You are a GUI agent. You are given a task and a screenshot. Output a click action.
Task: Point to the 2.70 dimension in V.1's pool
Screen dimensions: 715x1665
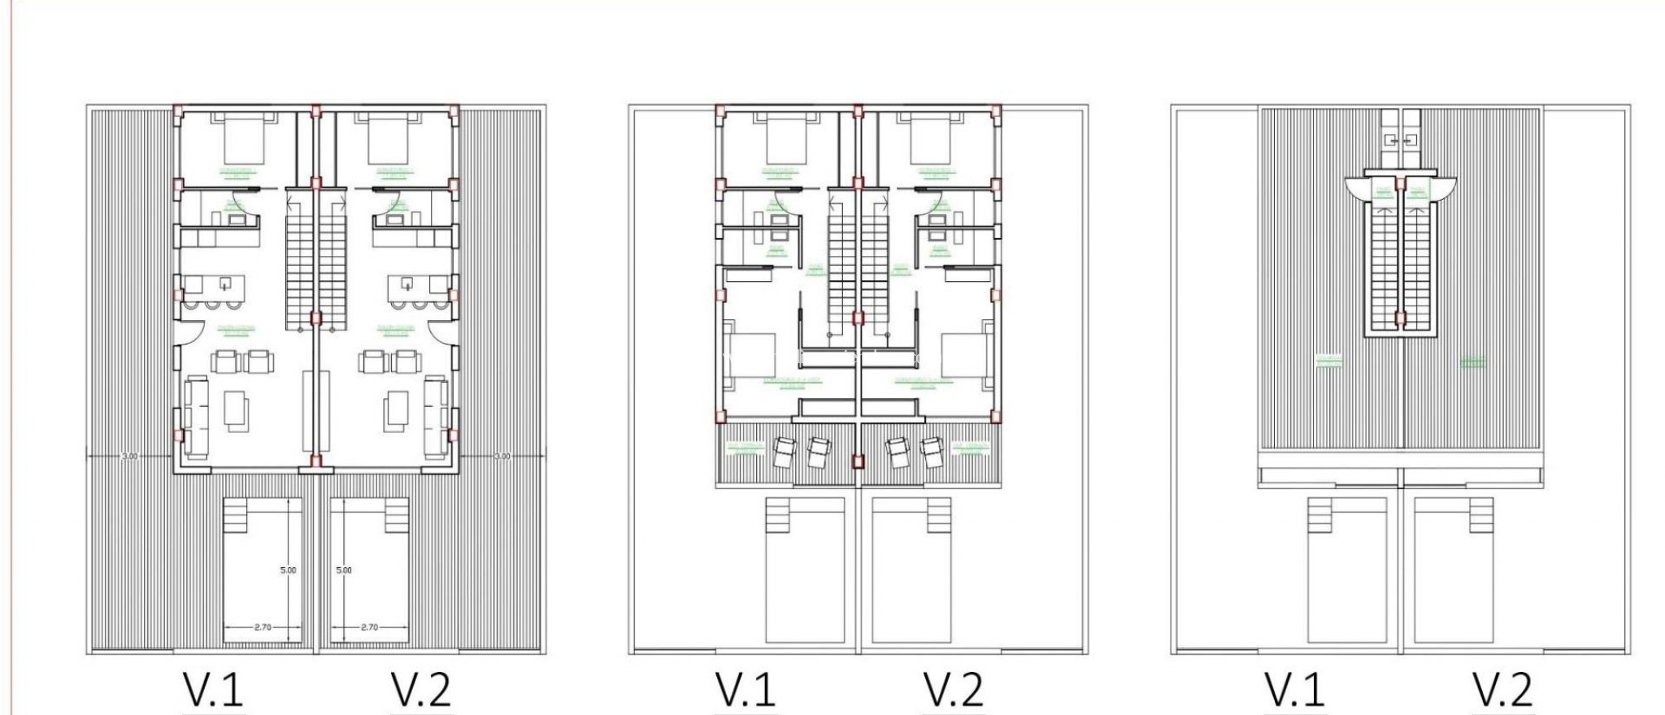[263, 627]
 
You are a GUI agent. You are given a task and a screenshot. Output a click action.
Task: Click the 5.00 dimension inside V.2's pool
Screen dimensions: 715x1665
[344, 570]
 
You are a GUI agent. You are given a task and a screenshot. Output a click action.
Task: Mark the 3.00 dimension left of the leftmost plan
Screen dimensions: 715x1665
[129, 457]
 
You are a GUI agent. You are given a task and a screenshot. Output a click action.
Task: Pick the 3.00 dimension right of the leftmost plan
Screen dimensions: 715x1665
[502, 457]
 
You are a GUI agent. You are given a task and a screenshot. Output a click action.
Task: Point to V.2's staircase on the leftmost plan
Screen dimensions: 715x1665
[333, 260]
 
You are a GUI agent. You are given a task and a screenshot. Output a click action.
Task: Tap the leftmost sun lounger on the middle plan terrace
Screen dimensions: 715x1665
[785, 452]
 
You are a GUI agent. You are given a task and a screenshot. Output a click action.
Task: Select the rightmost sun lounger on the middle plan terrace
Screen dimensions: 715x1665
[932, 452]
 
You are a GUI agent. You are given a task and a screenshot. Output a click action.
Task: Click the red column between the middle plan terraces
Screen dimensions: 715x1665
[857, 461]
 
